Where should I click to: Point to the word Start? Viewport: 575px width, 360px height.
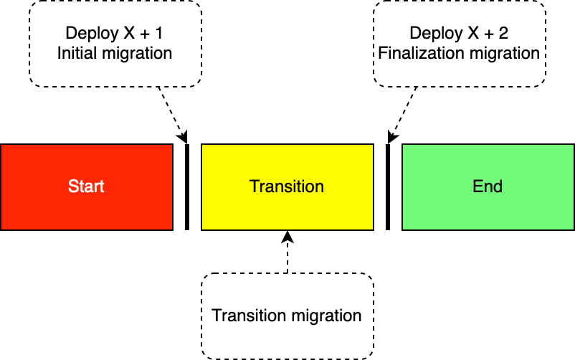click(86, 186)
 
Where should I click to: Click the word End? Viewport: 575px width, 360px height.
click(488, 186)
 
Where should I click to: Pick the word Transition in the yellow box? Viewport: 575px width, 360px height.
click(287, 186)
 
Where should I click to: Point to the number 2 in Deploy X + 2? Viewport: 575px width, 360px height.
click(503, 33)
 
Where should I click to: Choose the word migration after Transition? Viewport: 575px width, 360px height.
click(326, 316)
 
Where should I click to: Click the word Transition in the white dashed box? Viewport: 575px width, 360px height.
click(249, 316)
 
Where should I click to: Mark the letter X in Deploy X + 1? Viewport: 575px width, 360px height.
click(127, 33)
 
